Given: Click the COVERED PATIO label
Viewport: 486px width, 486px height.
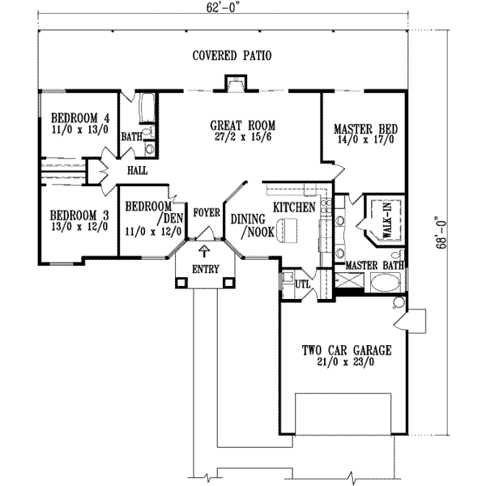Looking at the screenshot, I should [231, 56].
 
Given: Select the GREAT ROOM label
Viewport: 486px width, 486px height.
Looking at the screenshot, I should [242, 126].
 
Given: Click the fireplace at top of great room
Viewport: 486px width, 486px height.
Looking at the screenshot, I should [234, 83].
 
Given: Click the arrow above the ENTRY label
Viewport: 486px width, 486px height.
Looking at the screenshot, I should [202, 252].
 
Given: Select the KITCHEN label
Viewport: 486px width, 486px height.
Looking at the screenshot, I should [293, 208].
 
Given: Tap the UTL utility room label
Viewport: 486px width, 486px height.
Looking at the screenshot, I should [302, 285].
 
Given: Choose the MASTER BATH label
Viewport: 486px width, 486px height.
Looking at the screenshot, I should [373, 265].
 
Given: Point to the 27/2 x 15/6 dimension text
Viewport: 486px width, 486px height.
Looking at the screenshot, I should [242, 139].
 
